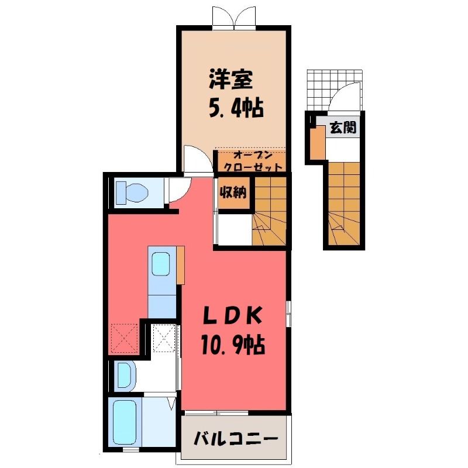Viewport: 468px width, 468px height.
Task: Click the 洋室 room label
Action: pyautogui.click(x=230, y=80)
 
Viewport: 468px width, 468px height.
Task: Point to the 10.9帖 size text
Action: pyautogui.click(x=233, y=345)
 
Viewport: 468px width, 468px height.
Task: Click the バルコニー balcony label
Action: pyautogui.click(x=236, y=438)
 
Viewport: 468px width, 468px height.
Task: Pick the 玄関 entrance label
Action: pyautogui.click(x=343, y=128)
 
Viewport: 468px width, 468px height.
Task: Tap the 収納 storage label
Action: pyautogui.click(x=233, y=193)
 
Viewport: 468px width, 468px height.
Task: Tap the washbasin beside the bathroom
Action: pyautogui.click(x=125, y=375)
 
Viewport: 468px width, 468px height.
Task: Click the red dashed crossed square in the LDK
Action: pyautogui.click(x=125, y=338)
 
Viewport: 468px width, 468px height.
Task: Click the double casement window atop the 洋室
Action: pyautogui.click(x=235, y=18)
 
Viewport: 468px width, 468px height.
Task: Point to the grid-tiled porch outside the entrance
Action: pyautogui.click(x=335, y=90)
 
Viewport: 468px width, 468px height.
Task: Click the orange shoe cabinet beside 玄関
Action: pyautogui.click(x=318, y=143)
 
